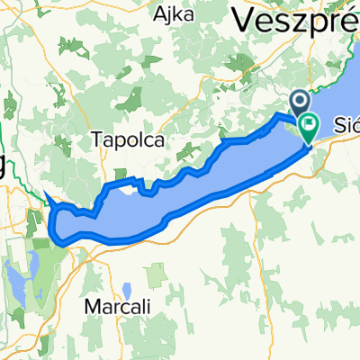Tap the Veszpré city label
296,17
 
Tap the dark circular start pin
300,104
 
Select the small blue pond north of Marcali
127,290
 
